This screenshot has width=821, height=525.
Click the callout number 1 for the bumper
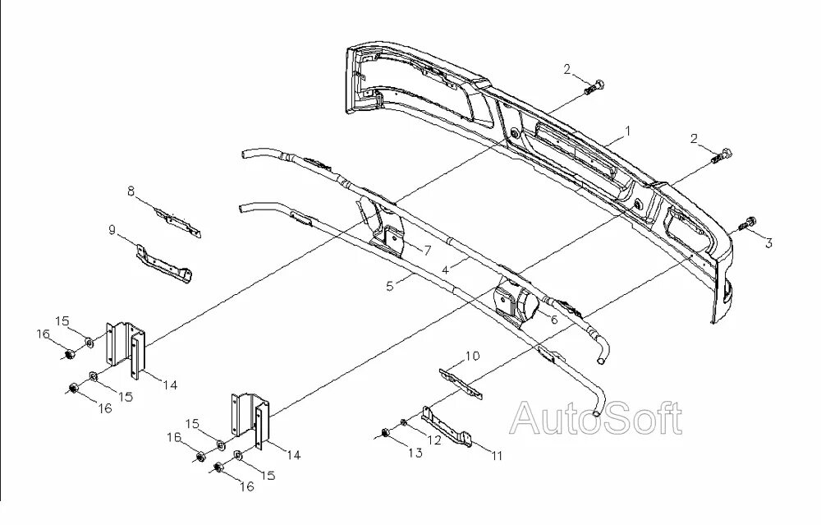(x=628, y=131)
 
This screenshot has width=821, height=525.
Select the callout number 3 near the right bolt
(x=769, y=242)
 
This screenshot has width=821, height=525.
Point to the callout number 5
(x=390, y=287)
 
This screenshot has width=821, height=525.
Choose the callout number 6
(x=554, y=319)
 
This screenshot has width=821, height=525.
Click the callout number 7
(x=427, y=249)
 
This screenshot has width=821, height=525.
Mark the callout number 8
(x=131, y=191)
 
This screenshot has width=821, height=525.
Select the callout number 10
(x=472, y=356)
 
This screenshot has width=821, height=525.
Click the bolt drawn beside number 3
(x=750, y=222)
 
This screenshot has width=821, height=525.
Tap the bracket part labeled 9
(x=166, y=265)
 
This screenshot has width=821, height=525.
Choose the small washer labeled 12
(x=403, y=423)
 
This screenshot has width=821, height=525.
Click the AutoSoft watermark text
(x=596, y=419)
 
